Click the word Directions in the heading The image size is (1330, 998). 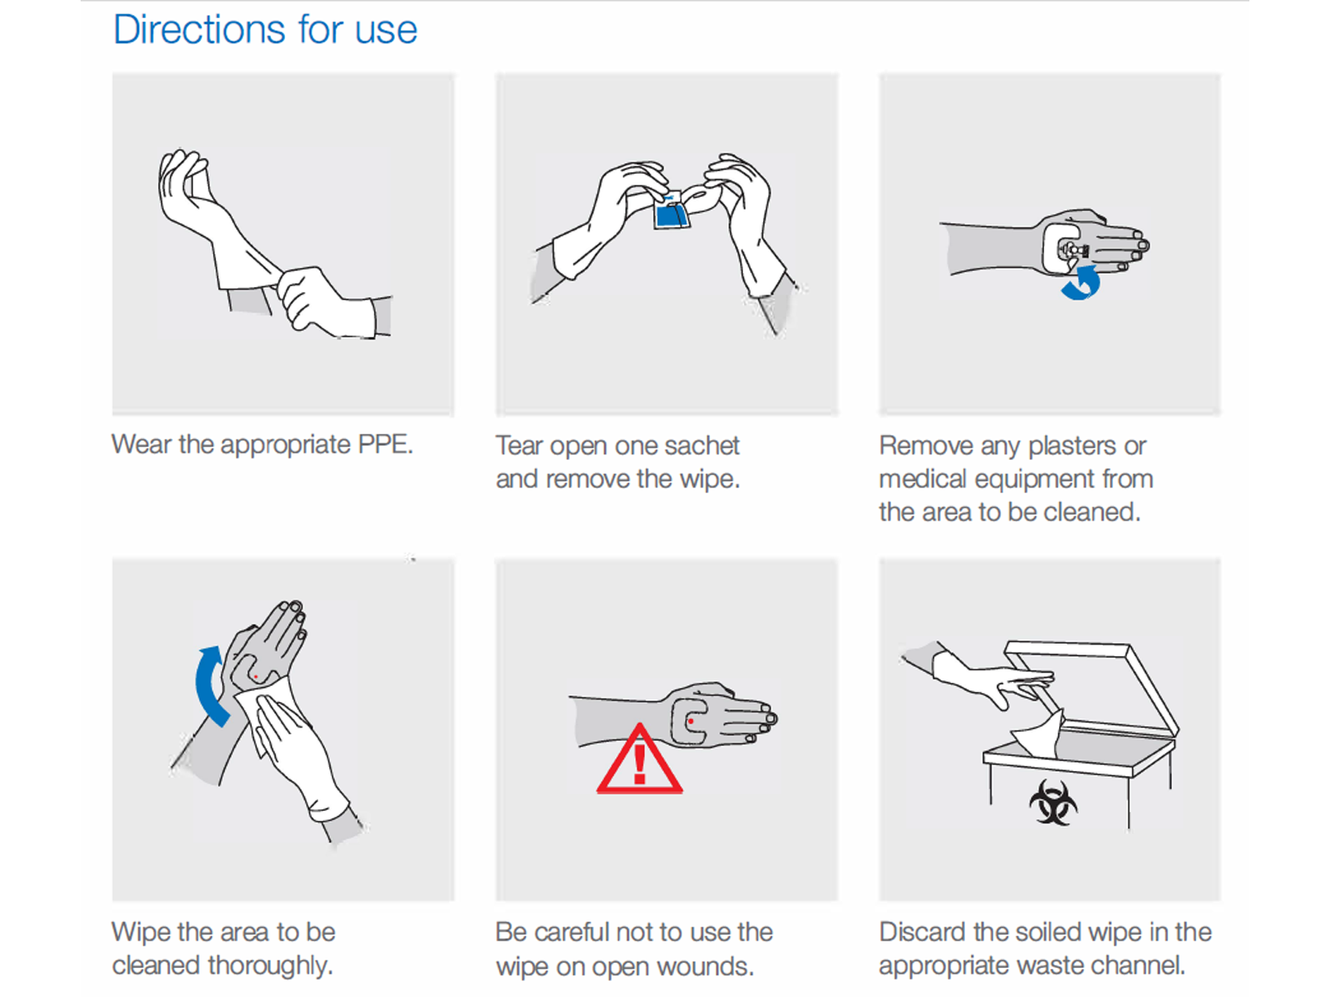[199, 29]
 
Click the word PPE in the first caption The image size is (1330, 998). [386, 444]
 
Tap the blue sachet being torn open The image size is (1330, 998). [671, 210]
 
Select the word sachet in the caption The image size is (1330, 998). [702, 446]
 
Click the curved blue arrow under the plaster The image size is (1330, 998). [1081, 284]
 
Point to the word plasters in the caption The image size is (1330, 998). [1071, 447]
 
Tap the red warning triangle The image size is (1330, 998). [639, 760]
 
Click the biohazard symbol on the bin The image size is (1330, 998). [1053, 802]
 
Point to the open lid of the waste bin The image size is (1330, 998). [1091, 688]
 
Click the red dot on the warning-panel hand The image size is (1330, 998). [690, 721]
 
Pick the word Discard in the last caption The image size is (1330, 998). [923, 932]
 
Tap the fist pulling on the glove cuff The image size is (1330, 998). [309, 297]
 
